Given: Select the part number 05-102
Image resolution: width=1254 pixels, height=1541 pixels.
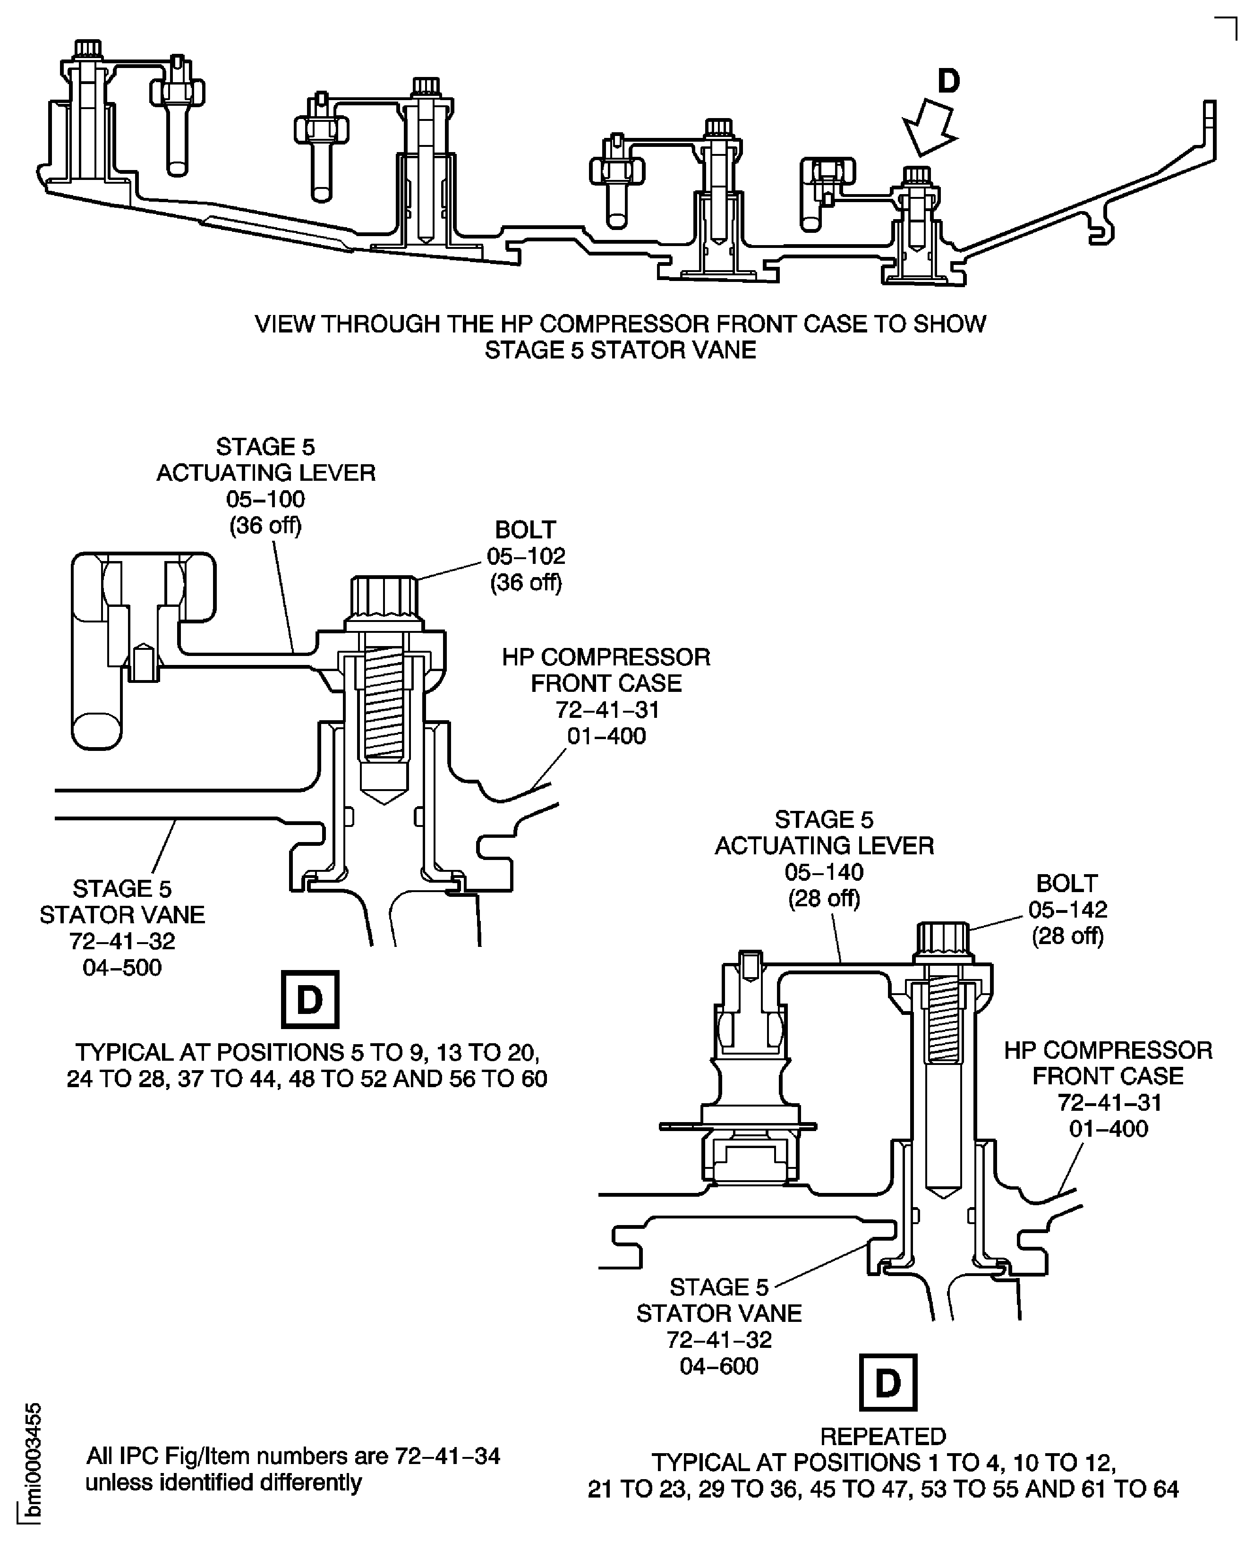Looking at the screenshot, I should click(x=525, y=556).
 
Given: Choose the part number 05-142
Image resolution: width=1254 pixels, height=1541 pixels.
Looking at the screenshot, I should click(x=1067, y=910).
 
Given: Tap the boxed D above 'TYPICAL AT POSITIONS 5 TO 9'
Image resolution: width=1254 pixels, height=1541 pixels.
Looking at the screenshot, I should click(x=310, y=1000).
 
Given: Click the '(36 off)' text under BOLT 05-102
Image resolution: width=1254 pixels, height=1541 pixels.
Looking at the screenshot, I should click(x=525, y=583).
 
